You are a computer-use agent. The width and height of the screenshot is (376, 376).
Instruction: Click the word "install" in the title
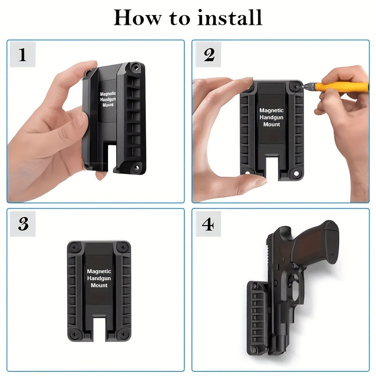point(230,17)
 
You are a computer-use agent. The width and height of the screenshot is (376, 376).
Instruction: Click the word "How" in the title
point(138,17)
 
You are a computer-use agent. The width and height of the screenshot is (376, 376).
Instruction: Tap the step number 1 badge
point(23,55)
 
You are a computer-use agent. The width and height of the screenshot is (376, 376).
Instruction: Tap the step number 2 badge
point(208,55)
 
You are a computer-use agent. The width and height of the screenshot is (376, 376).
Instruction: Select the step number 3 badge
point(23,224)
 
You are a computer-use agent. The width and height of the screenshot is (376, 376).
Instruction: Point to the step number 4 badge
point(208,224)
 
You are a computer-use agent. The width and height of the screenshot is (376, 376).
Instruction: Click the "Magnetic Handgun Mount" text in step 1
point(108,99)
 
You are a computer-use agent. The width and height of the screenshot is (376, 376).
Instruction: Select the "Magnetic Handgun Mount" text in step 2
point(272,117)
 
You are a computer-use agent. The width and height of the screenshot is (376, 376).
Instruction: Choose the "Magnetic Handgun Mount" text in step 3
point(99,278)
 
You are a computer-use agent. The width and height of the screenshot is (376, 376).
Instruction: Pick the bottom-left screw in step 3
point(74,334)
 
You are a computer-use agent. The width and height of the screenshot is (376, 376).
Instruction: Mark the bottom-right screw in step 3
point(124,334)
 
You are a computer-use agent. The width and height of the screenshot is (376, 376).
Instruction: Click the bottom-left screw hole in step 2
point(247,172)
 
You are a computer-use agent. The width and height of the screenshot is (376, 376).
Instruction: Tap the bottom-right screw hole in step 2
point(296,173)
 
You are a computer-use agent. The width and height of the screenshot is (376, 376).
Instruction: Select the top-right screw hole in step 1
point(136,68)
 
